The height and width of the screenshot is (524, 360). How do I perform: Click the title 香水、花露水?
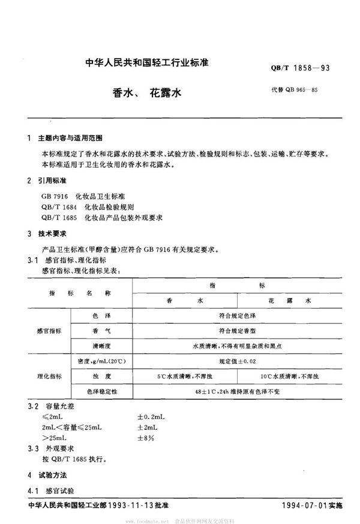tap(147, 94)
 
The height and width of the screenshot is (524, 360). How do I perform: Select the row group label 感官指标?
tap(50, 330)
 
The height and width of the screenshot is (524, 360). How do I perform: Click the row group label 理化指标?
tap(50, 377)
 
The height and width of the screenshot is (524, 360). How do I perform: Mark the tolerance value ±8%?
tap(146, 438)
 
